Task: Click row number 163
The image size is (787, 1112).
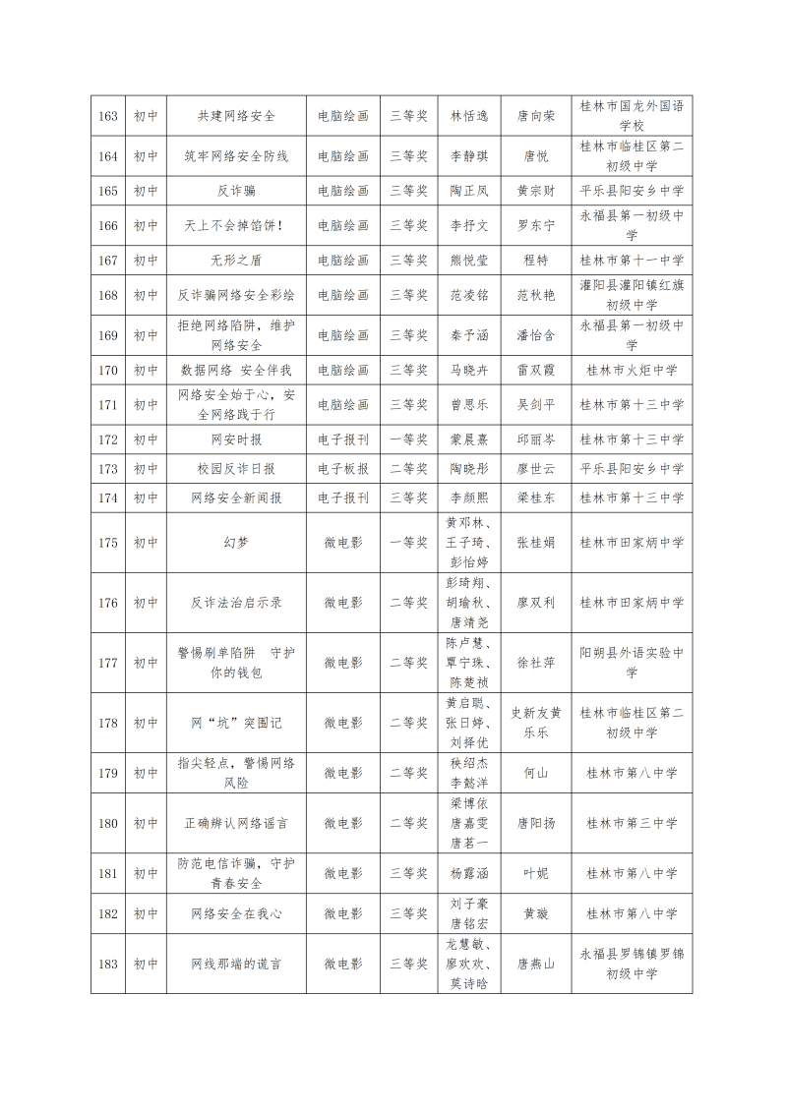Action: (108, 115)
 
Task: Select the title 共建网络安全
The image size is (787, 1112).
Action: (236, 115)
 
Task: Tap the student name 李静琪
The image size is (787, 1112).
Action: (469, 156)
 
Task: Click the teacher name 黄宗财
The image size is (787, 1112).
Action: (536, 191)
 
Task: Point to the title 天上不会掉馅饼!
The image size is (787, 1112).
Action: (236, 225)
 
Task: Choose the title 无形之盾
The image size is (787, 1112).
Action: (236, 261)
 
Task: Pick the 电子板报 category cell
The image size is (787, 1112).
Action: (343, 469)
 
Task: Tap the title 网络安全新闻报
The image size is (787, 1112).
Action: (236, 498)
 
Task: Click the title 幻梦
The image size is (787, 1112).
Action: (236, 542)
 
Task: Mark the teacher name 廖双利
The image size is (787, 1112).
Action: (536, 602)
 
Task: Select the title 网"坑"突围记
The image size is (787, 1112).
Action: (236, 723)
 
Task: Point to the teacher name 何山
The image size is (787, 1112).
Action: (536, 773)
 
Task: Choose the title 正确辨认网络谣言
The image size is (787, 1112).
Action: (236, 823)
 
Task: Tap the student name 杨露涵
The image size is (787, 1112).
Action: (469, 873)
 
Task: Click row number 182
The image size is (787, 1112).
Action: (108, 913)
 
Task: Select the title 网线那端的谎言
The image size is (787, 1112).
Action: (236, 964)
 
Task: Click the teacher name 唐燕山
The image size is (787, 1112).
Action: (536, 964)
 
